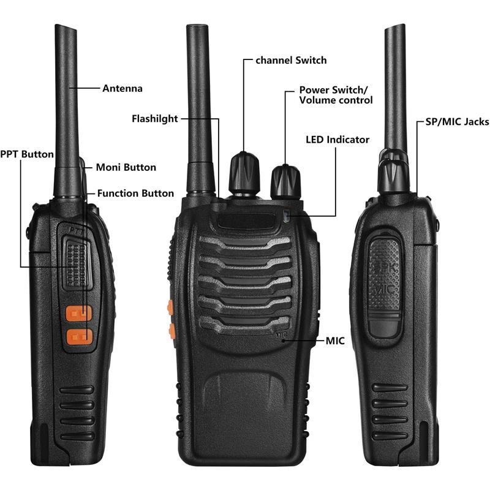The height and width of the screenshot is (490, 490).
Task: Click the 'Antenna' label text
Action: click(122, 88)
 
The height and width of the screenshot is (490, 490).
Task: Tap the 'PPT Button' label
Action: click(27, 154)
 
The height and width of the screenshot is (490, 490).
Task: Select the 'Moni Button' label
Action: click(126, 167)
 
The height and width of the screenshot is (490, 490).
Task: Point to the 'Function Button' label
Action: click(135, 194)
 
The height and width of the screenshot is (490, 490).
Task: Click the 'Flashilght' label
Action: click(155, 119)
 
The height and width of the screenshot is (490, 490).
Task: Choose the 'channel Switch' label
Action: click(292, 60)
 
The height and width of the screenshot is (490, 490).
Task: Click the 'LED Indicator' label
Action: click(337, 140)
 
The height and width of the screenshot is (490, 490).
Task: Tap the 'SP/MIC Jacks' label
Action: click(458, 122)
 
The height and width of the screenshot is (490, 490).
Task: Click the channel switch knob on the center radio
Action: click(244, 173)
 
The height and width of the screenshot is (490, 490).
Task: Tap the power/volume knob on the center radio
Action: click(285, 182)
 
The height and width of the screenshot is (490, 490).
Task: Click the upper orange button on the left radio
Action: click(78, 314)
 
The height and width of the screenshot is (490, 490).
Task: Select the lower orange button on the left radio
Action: click(80, 337)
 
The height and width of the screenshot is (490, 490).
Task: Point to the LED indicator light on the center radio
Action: click(286, 216)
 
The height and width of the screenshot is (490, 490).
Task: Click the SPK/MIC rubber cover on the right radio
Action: click(385, 287)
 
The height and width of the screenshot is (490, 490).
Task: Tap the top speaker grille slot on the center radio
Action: click(246, 243)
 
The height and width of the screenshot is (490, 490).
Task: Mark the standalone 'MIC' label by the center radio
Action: click(335, 341)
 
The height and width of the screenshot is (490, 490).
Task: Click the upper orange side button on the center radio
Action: click(170, 307)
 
